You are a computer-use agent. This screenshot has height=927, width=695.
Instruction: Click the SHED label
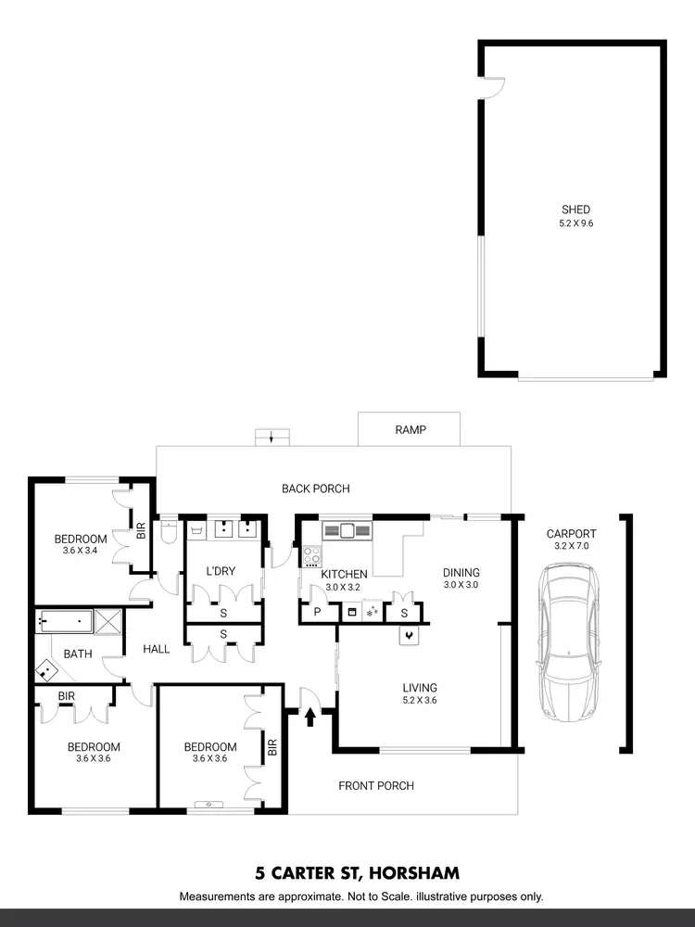575,210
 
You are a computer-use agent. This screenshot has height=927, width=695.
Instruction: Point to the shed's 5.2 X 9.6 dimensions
575,223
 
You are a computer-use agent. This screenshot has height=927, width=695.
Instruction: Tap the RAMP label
410,430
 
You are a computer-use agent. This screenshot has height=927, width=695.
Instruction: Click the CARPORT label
571,534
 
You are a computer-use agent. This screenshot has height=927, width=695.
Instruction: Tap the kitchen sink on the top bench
347,531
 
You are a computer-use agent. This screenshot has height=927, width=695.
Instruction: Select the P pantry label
316,613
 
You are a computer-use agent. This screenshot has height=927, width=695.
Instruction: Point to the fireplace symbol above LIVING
409,635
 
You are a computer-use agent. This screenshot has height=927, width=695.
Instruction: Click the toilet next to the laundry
168,533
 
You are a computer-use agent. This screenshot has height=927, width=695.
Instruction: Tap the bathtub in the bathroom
65,620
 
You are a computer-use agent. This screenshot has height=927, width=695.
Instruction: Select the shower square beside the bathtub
107,620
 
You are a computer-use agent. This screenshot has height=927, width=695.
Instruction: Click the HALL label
157,650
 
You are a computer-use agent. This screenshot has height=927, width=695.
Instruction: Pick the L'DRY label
220,571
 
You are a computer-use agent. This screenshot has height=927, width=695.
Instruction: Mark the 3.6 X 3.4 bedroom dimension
81,551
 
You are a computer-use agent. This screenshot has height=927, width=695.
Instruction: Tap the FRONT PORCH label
375,786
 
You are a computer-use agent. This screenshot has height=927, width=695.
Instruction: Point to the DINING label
461,573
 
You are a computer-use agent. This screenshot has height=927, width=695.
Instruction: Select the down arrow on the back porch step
271,437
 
